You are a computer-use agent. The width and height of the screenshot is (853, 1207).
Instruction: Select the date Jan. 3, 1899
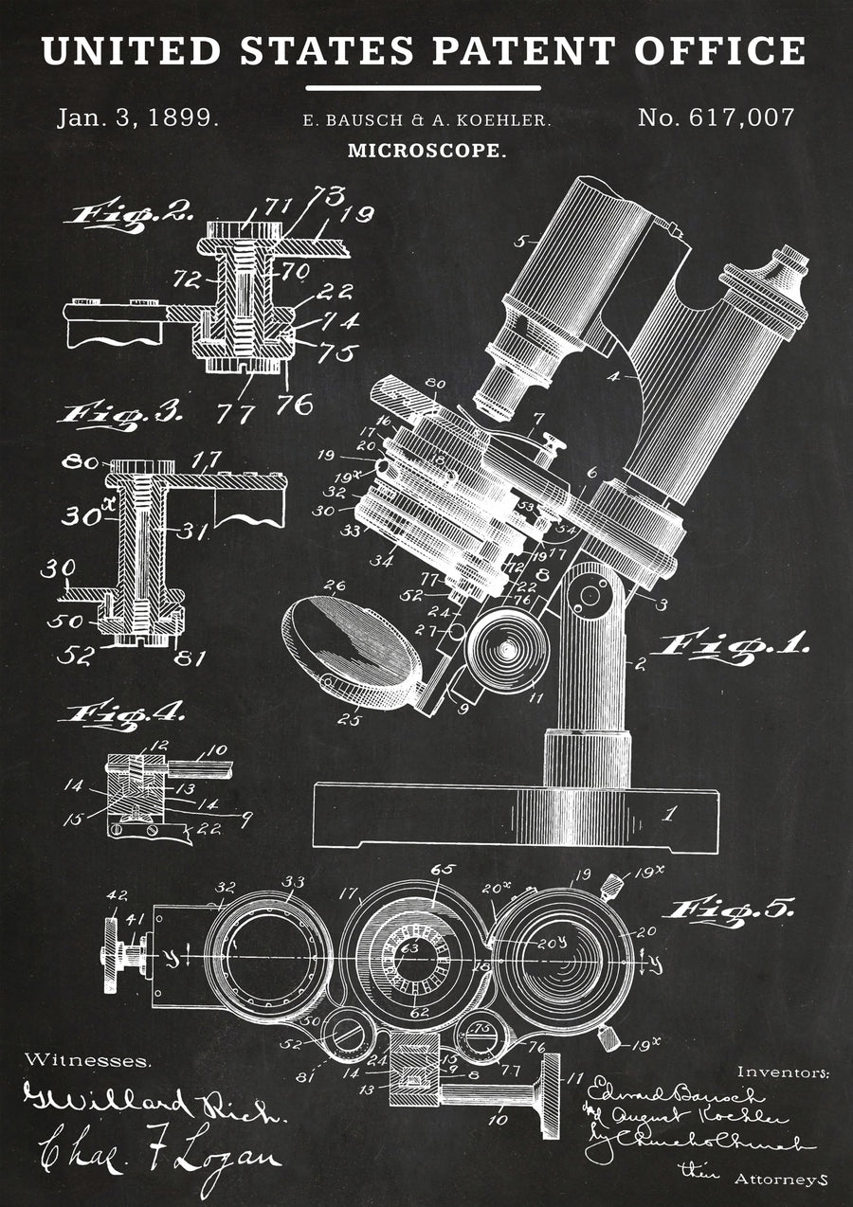point(138,118)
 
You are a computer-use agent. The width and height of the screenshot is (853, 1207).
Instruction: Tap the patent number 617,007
point(716,118)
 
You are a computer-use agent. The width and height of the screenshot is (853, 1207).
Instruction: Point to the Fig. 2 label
point(128,212)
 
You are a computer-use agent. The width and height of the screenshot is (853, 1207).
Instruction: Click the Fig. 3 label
point(121,414)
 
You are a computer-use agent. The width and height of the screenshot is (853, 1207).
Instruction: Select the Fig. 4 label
point(121,712)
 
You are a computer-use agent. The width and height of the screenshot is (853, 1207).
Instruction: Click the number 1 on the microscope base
point(670,813)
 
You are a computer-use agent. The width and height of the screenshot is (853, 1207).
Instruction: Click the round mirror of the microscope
point(352,644)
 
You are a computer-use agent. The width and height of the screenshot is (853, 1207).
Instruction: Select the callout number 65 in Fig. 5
point(443,871)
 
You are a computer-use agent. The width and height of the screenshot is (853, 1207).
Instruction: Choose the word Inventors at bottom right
point(783,1072)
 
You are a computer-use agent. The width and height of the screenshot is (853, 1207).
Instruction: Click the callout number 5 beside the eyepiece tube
point(519,241)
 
